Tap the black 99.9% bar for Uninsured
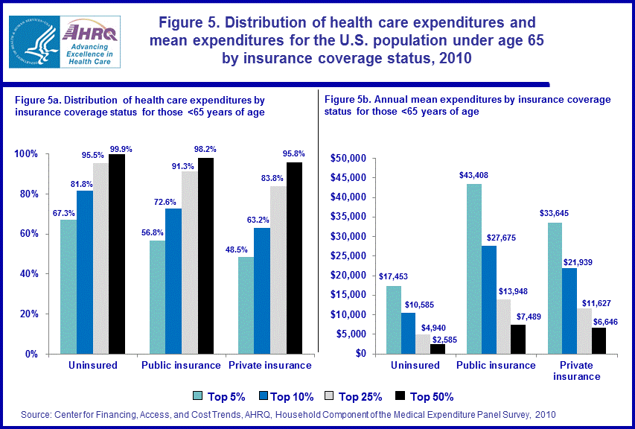coord(117,253)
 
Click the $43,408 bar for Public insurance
coord(473,268)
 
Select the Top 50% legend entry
coord(423,396)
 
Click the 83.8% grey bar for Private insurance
coord(278,270)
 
